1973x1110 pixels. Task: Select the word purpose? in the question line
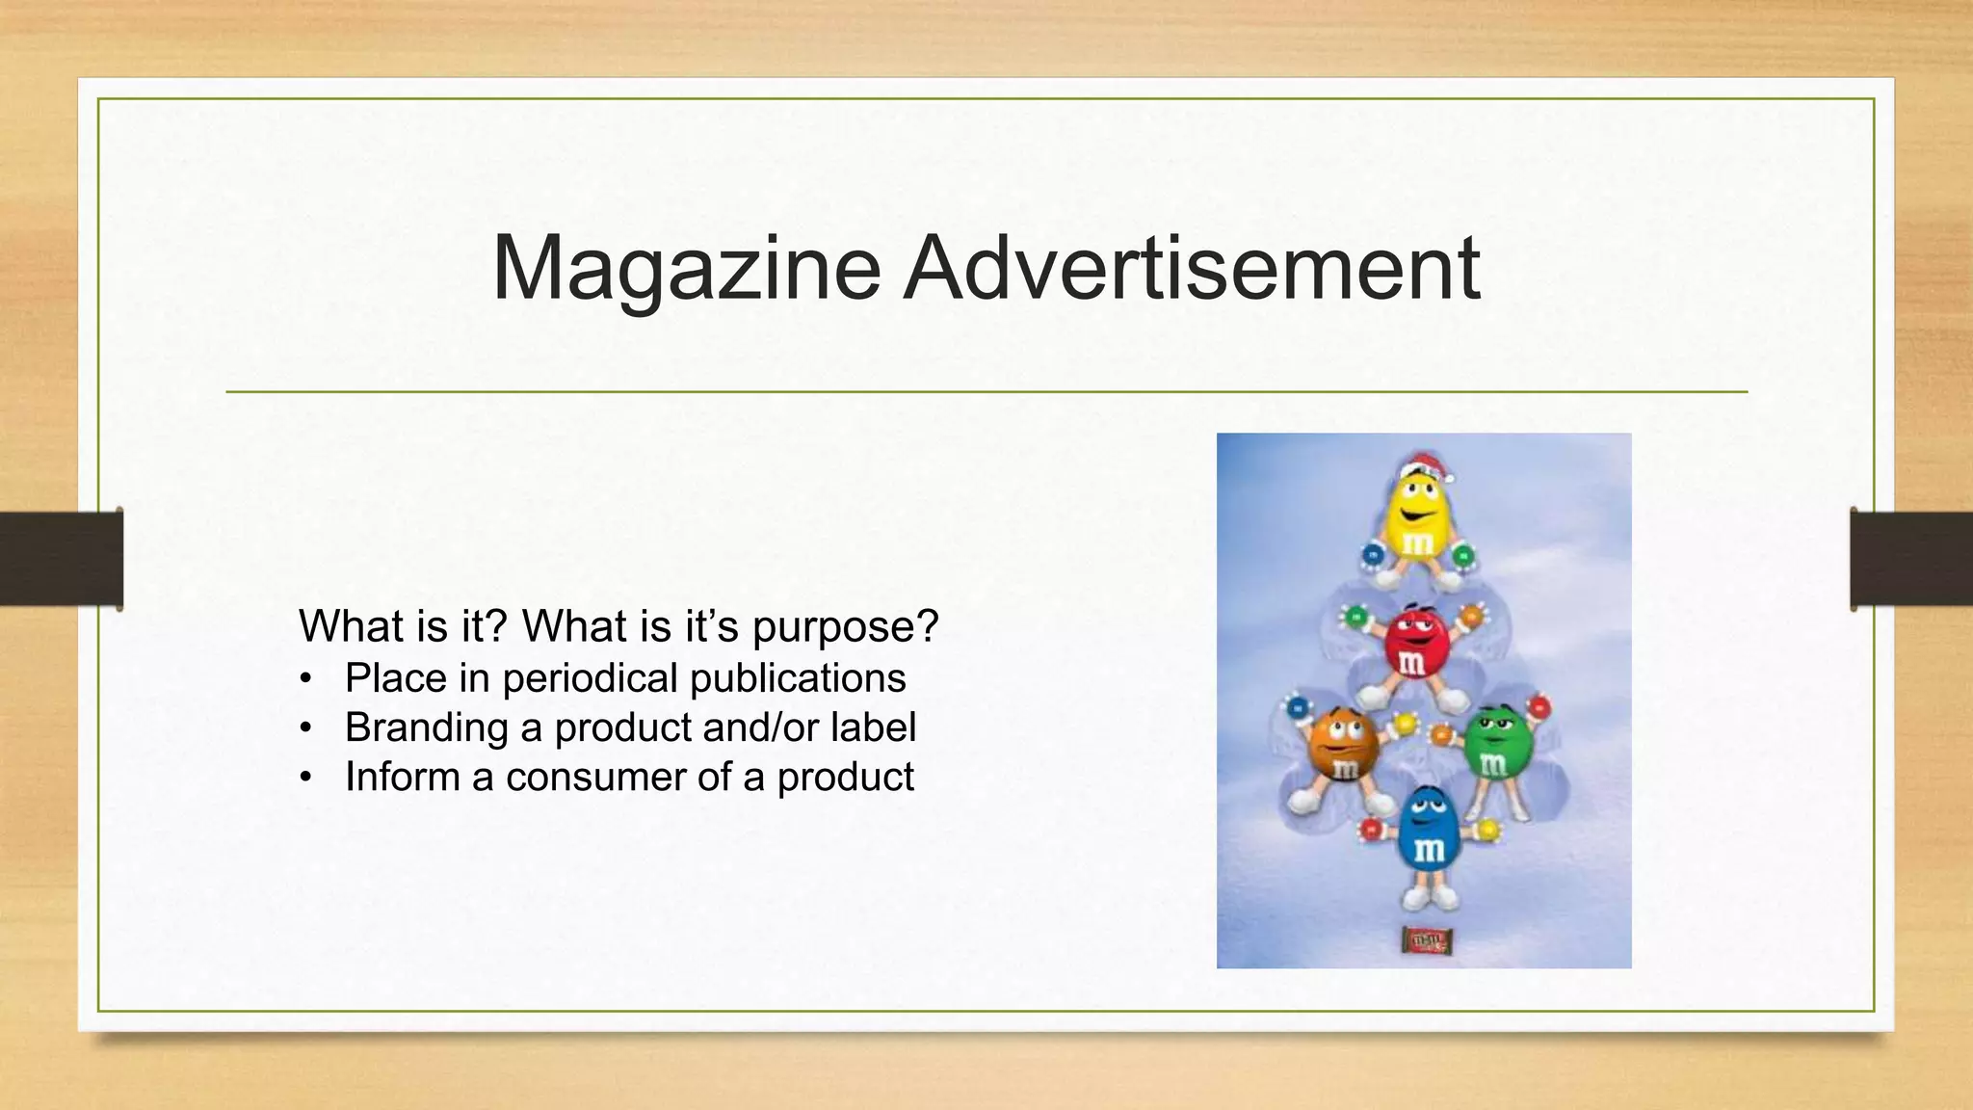click(x=845, y=627)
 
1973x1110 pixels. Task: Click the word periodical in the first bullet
click(x=590, y=677)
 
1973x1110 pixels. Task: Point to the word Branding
click(x=426, y=727)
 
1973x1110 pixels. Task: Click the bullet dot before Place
click(x=306, y=679)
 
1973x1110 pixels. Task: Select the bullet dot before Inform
click(x=306, y=778)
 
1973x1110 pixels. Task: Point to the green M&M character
click(x=1491, y=747)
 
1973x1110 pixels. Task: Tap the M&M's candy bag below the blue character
click(x=1426, y=939)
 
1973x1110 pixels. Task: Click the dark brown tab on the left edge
click(x=62, y=559)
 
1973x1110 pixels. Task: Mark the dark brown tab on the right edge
click(x=1911, y=559)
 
